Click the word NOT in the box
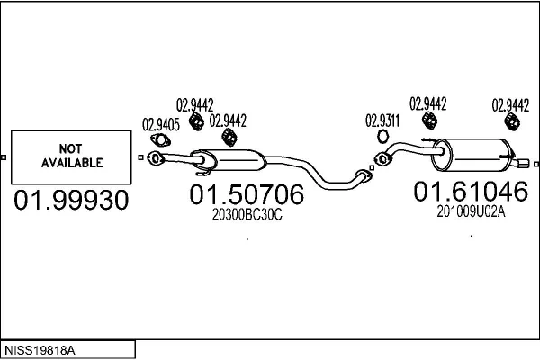[x=69, y=148]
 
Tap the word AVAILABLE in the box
[x=69, y=163]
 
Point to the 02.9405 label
[x=160, y=124]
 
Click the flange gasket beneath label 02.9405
[x=161, y=141]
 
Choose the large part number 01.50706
[x=246, y=195]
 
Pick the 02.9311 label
[x=382, y=120]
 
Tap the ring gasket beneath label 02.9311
[x=382, y=137]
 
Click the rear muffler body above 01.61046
[x=472, y=155]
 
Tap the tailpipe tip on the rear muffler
[x=523, y=165]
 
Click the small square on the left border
[x=4, y=159]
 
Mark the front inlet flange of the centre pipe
[x=155, y=159]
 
